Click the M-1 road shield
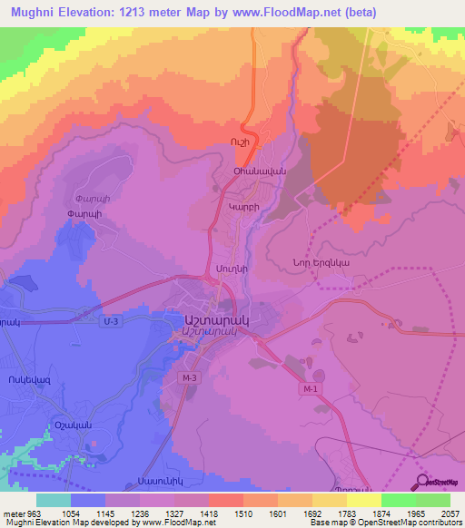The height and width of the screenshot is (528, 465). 311,388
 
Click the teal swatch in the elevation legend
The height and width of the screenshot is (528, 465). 53,500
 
